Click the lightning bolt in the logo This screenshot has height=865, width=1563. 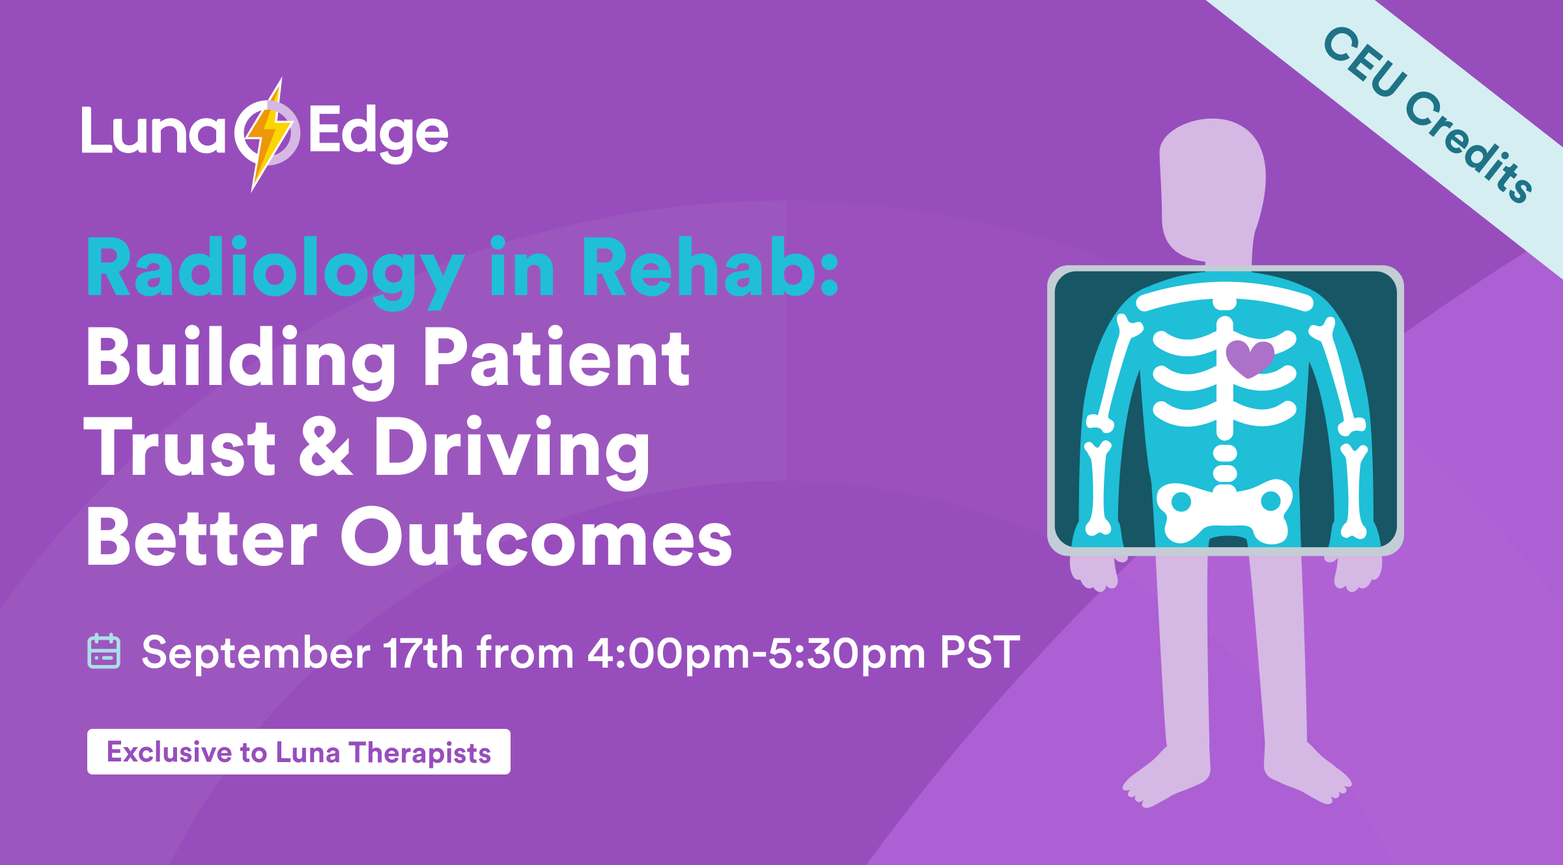pyautogui.click(x=268, y=134)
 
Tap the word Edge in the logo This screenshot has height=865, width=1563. pyautogui.click(x=378, y=134)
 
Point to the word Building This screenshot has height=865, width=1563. pyautogui.click(x=241, y=362)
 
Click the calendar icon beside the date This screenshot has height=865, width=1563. pyautogui.click(x=104, y=651)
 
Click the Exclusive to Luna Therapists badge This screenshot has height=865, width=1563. pyautogui.click(x=299, y=752)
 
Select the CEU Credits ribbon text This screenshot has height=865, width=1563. pyautogui.click(x=1427, y=114)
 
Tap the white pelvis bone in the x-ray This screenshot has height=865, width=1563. pyautogui.click(x=1224, y=512)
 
